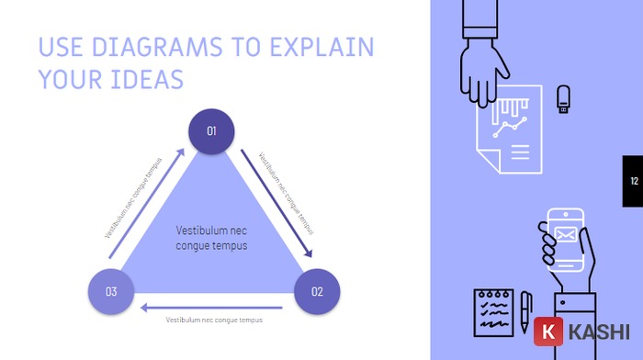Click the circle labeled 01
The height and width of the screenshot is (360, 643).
pos(211,131)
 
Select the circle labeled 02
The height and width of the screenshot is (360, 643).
pos(317,292)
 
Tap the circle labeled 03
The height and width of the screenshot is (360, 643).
pos(111,292)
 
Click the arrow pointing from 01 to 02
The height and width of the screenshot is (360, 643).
pos(276,202)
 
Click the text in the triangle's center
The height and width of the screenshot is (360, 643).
pos(212,238)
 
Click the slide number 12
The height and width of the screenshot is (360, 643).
pos(633,181)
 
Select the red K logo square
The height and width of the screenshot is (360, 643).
pos(548,332)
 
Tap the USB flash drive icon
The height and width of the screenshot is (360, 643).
pos(563,99)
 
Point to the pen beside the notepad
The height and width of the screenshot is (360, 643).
pos(525,310)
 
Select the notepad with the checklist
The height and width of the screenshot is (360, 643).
pos(494,310)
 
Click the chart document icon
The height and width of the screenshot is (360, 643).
pos(509,133)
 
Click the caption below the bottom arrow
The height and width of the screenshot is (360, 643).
pos(214,320)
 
